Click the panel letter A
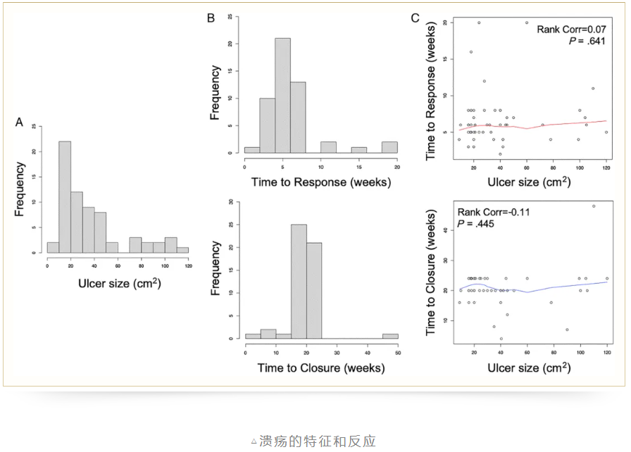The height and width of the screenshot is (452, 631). (x=20, y=122)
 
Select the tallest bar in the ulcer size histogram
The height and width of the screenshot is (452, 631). (x=65, y=196)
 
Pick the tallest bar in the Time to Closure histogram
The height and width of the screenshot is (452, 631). (x=299, y=282)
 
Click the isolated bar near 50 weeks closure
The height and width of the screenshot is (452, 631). (x=391, y=335)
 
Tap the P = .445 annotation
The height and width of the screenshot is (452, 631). (x=478, y=223)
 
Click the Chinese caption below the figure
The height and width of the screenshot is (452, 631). (x=315, y=441)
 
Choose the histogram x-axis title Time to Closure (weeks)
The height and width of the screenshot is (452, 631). (x=321, y=368)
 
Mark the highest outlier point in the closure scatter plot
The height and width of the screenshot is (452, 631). (x=594, y=206)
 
